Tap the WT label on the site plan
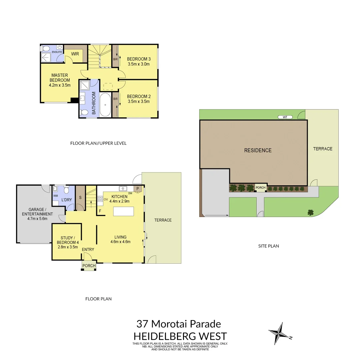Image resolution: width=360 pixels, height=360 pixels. pos(285,117)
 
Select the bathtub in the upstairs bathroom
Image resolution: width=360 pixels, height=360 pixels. pos(105,104)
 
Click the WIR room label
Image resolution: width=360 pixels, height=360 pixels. pos(75,54)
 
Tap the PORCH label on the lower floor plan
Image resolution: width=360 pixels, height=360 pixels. pos(89,266)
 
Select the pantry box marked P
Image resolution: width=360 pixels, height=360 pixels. pos(137,189)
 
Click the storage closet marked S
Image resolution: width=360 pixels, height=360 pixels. pos(80,198)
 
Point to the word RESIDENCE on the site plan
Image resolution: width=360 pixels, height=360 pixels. pos(258,150)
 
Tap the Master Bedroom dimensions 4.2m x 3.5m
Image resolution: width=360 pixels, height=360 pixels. pos(60,85)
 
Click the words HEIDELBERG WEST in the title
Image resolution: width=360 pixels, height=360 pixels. pos(180,336)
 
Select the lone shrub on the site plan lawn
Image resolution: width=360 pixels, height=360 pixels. pos(311,212)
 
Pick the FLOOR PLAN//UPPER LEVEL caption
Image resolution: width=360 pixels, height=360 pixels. pos(98,143)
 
